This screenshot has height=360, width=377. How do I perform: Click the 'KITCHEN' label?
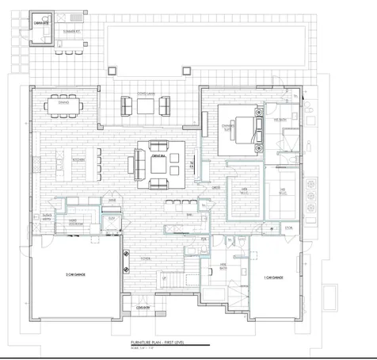(56, 159)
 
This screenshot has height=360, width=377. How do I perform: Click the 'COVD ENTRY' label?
(143, 307)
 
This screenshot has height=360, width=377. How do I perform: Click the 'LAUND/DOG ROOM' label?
(71, 221)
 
